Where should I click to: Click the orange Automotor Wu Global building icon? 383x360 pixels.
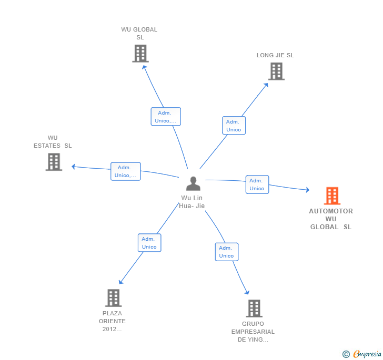pyautogui.click(x=331, y=196)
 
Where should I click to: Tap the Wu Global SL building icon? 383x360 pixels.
pyautogui.click(x=140, y=54)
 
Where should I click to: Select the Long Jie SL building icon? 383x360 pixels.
pyautogui.click(x=276, y=71)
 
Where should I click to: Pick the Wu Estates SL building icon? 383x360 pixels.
pyautogui.click(x=54, y=162)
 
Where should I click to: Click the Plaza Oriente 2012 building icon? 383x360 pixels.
pyautogui.click(x=113, y=298)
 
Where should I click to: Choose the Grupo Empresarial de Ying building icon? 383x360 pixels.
pyautogui.click(x=254, y=308)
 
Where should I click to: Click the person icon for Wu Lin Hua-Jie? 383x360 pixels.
pyautogui.click(x=193, y=183)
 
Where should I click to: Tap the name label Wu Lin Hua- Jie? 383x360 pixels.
pyautogui.click(x=192, y=202)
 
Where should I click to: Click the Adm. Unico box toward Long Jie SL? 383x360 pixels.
pyautogui.click(x=234, y=125)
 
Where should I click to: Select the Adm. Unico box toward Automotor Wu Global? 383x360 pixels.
pyautogui.click(x=257, y=184)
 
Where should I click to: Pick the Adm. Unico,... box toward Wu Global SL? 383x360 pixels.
pyautogui.click(x=166, y=117)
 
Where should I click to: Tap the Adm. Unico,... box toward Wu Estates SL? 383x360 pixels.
pyautogui.click(x=126, y=171)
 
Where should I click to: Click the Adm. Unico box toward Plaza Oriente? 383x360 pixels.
pyautogui.click(x=149, y=243)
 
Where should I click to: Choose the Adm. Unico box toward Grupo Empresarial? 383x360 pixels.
pyautogui.click(x=226, y=252)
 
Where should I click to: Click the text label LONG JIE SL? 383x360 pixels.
pyautogui.click(x=275, y=55)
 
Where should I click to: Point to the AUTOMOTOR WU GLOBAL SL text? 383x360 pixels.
pyautogui.click(x=331, y=219)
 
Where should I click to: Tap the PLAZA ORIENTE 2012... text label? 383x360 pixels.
pyautogui.click(x=112, y=321)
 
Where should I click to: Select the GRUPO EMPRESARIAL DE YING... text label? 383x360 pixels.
pyautogui.click(x=253, y=332)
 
